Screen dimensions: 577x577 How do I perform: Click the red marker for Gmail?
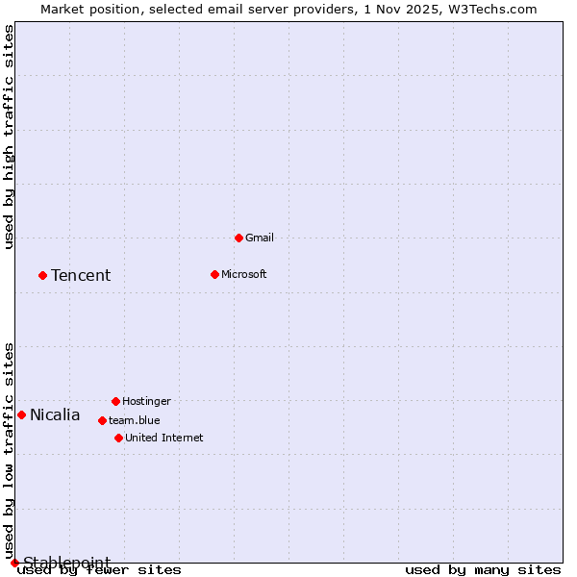(238, 238)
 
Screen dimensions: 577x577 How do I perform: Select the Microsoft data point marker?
(214, 274)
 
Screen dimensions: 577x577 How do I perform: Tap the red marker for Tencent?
(42, 275)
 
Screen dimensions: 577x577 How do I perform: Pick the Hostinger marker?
(115, 401)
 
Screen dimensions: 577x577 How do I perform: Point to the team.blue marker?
(102, 420)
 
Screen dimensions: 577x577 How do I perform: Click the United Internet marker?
(118, 438)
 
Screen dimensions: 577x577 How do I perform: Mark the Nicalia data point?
(21, 414)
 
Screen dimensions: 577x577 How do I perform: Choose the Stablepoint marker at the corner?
(14, 563)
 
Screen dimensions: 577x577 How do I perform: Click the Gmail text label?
(259, 238)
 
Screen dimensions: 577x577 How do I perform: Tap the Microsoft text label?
(243, 274)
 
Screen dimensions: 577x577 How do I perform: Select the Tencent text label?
(81, 275)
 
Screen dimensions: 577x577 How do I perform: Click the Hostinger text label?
(146, 401)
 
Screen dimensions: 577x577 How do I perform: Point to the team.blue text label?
(134, 420)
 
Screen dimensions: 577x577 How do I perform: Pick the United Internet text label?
(163, 438)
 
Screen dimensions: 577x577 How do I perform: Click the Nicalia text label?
(55, 415)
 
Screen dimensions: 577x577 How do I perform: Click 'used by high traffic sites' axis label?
(10, 137)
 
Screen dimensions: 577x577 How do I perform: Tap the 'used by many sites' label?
(483, 569)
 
